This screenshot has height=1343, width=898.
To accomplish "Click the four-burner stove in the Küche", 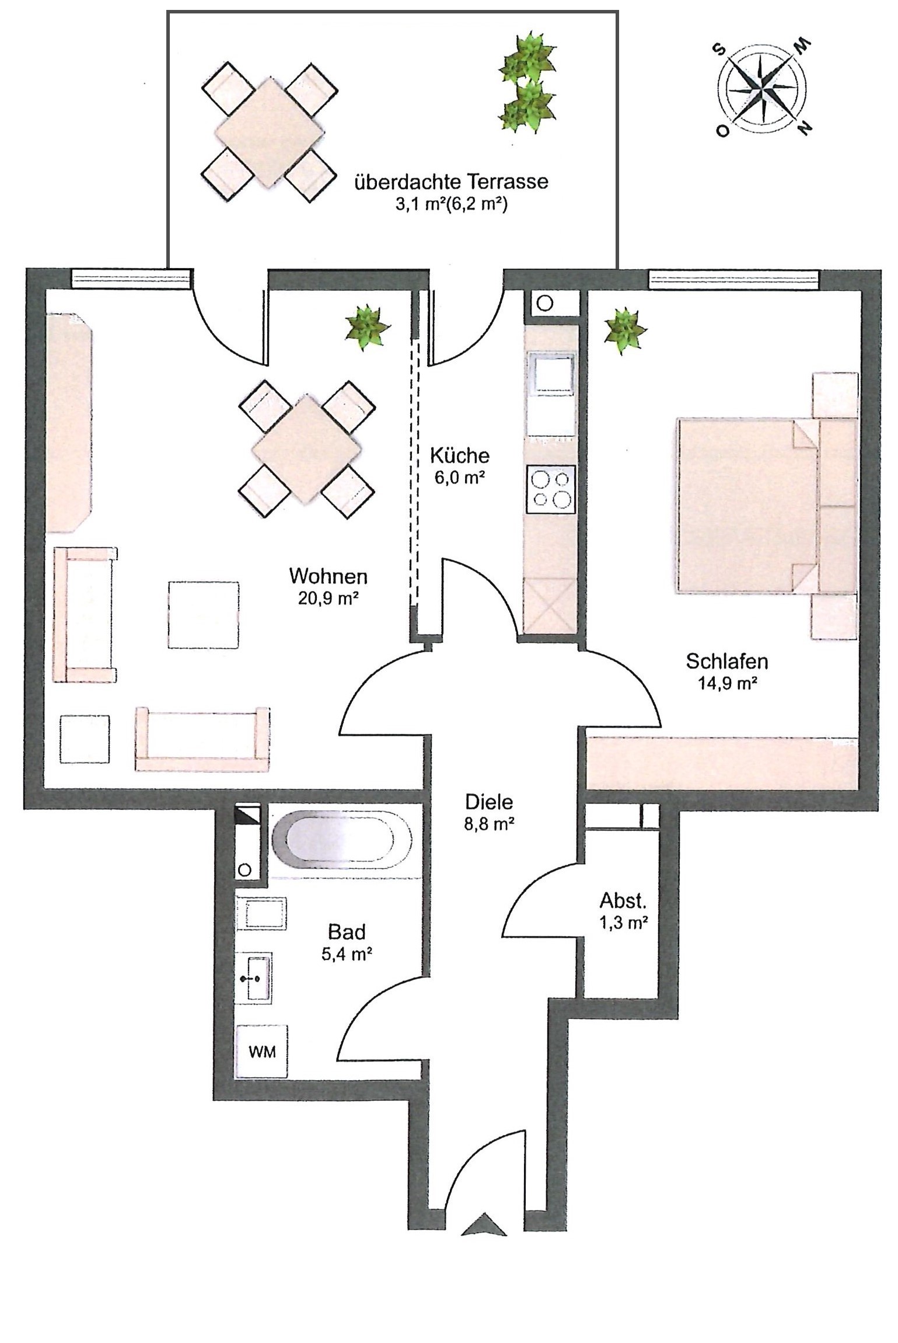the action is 551,489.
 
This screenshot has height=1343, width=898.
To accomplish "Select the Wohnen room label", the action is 329,577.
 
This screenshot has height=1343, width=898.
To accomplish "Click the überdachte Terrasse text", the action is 452,181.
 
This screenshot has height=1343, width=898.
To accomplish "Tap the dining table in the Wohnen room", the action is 306,449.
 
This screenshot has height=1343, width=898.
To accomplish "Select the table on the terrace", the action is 270,133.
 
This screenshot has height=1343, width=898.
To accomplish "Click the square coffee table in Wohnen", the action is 204,614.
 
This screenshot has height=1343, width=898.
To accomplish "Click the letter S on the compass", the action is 722,49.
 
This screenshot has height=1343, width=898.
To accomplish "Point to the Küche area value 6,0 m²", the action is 459,477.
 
